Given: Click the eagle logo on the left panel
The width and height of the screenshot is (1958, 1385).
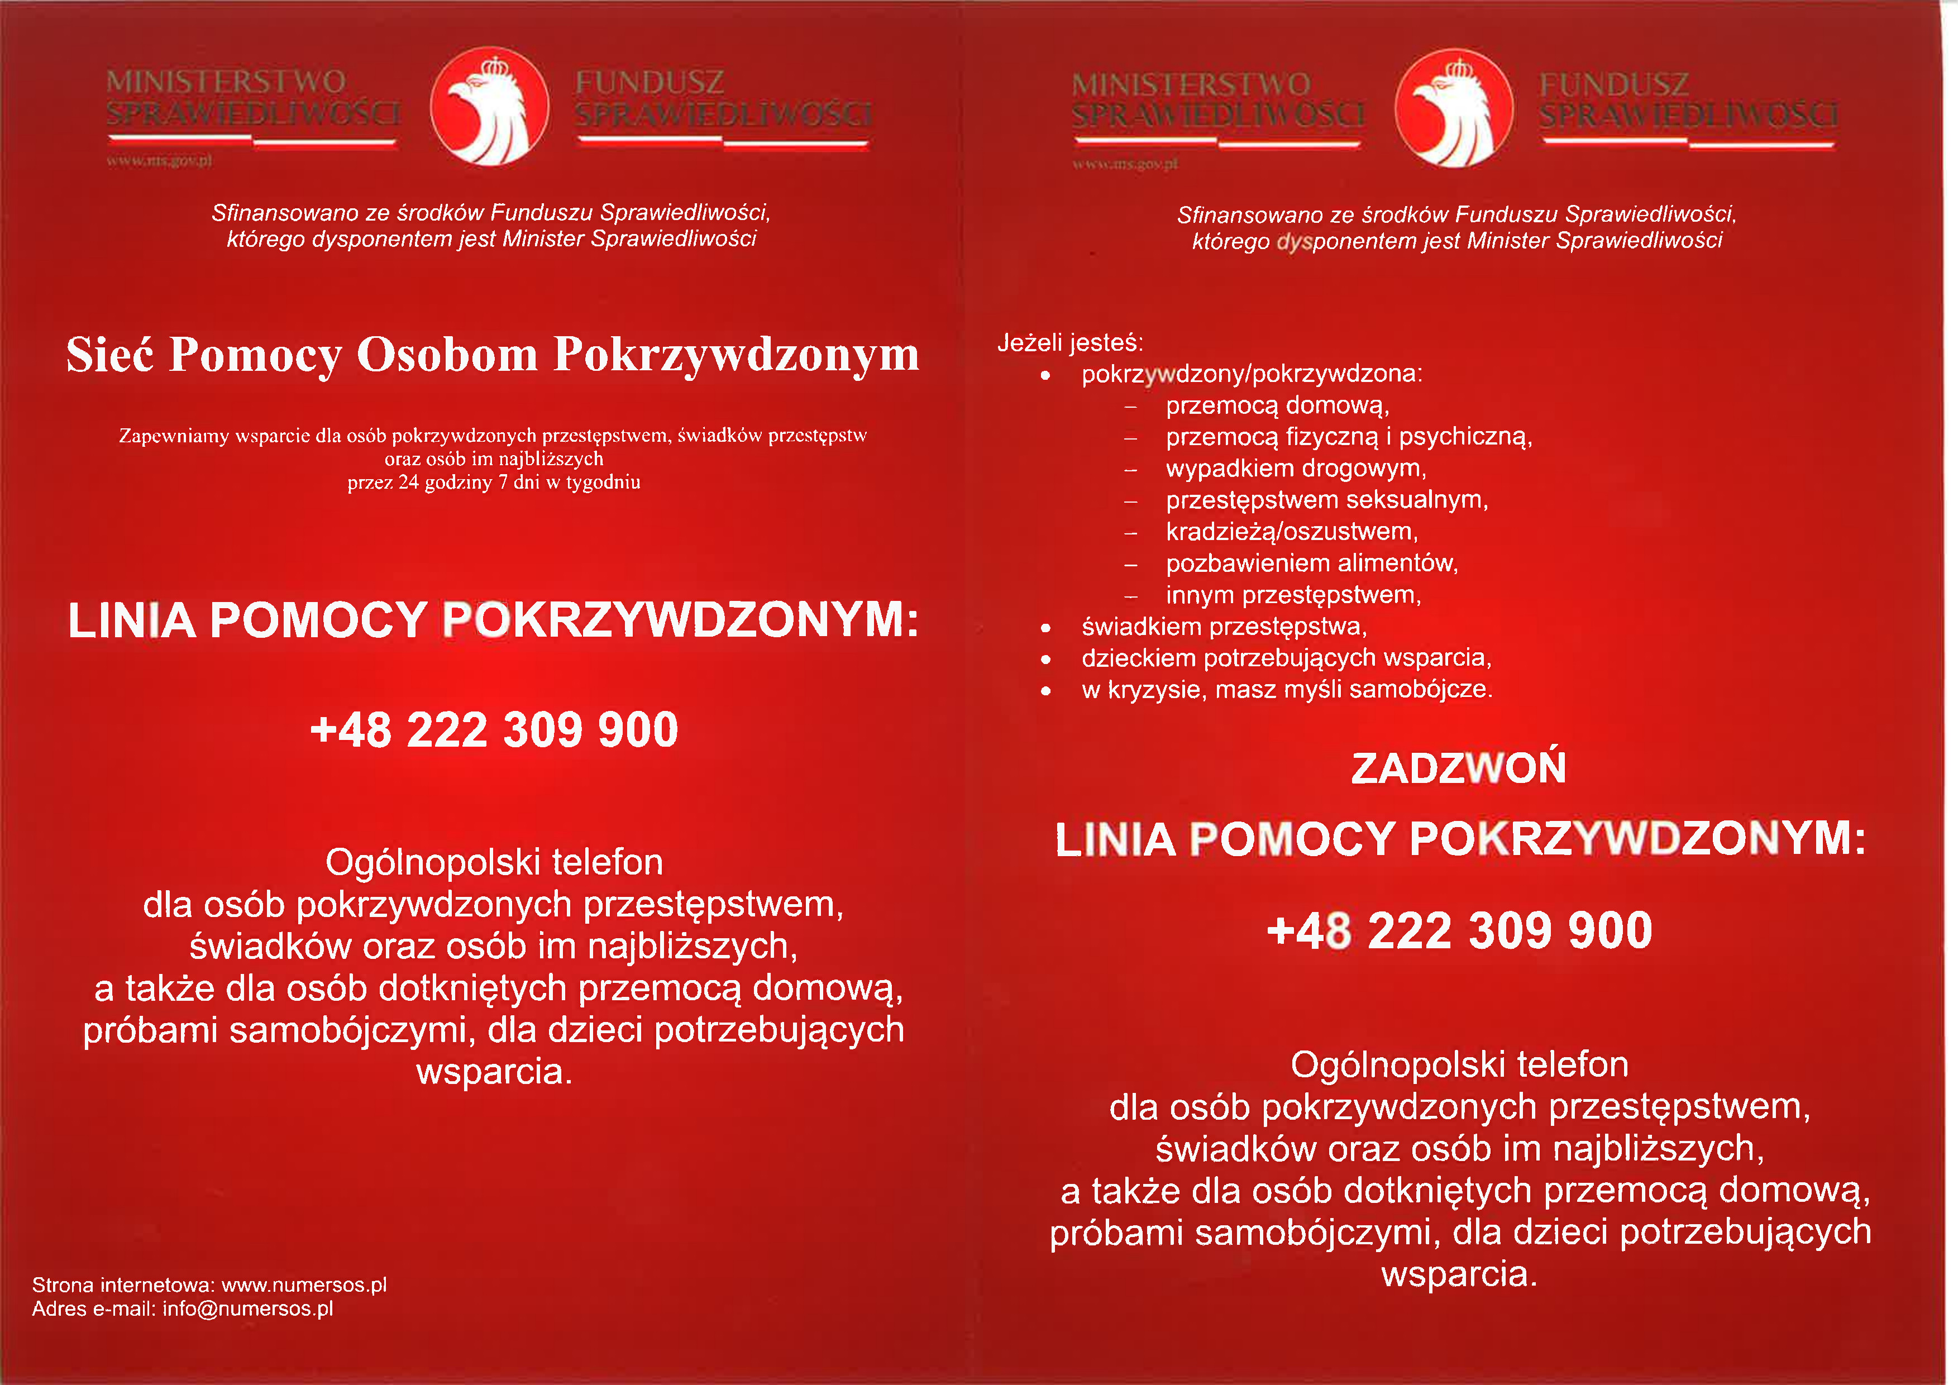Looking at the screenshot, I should (489, 107).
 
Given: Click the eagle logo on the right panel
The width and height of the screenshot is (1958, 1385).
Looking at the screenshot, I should (1454, 108).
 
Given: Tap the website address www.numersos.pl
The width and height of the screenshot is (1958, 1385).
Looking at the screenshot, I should (304, 1284).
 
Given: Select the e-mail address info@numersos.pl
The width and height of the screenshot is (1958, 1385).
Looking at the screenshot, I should (247, 1308).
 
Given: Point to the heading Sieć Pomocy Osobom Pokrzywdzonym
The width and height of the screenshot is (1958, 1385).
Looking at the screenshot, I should (493, 354).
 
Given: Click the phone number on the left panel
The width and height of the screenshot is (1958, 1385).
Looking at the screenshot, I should (494, 730).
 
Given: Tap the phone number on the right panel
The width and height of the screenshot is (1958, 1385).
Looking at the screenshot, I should (1459, 930).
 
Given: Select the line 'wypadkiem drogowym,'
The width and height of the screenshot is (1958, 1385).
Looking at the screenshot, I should (1296, 468).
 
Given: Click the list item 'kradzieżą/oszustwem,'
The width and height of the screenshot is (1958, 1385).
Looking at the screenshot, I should (1291, 531).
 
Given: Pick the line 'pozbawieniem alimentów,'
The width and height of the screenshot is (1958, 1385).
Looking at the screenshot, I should (1312, 563).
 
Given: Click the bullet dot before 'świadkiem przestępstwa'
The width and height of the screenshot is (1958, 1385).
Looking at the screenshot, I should (1045, 628).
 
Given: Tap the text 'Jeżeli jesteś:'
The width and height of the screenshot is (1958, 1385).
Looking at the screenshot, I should (1069, 343).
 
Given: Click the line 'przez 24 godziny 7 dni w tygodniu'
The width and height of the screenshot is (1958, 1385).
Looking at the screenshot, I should (494, 483).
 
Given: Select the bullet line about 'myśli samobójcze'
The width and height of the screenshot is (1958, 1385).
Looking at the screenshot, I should (1286, 689).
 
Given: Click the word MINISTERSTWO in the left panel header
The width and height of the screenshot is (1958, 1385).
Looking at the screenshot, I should (226, 82).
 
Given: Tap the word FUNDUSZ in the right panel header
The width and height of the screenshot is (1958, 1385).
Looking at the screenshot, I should (1613, 84).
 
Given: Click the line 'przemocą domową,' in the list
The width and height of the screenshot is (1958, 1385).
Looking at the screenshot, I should (1277, 405).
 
